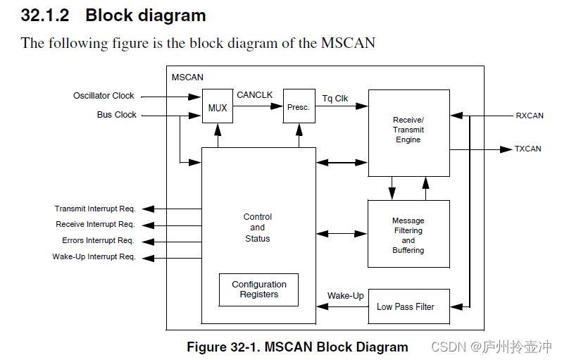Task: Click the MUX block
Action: coord(218,106)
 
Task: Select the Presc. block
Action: coord(299,106)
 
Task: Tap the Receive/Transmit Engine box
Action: coord(408,132)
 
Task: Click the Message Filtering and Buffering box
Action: coord(408,234)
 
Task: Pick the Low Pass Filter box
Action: coord(408,306)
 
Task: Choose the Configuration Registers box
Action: coord(258,290)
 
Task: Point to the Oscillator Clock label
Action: coord(104,96)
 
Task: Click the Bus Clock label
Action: coord(117,115)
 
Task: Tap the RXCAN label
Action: coord(530,116)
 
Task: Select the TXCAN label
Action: coord(528,149)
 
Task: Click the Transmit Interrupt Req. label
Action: coord(95,209)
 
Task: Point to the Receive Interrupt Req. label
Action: coord(95,225)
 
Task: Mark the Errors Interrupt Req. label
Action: coord(98,241)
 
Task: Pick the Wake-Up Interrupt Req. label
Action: coord(94,257)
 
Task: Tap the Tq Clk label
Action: coord(335,99)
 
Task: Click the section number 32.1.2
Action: coord(45,15)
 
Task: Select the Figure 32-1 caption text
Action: coord(297,347)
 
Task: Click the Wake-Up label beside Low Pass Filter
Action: coord(346,296)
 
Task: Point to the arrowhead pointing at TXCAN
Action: coord(506,149)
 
